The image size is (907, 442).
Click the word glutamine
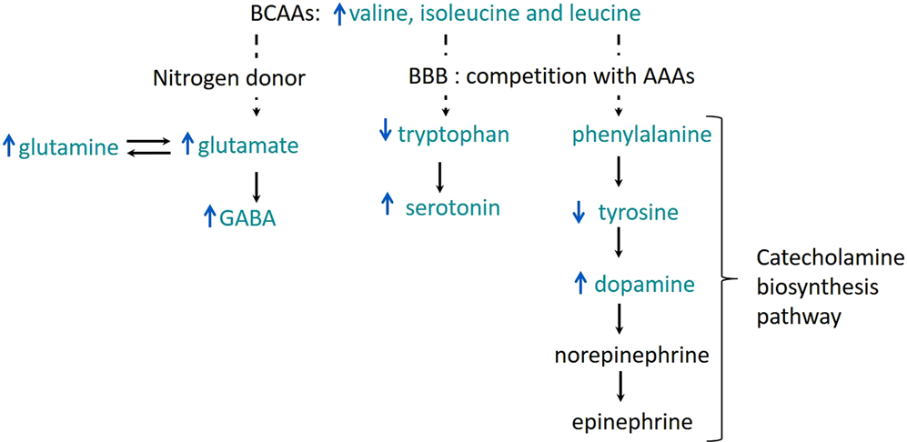click(x=68, y=146)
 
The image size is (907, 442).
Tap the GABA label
click(x=247, y=217)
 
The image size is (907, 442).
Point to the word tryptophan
click(x=453, y=135)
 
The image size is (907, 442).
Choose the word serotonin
click(x=452, y=207)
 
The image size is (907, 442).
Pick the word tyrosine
click(x=638, y=213)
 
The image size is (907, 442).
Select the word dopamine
click(x=644, y=284)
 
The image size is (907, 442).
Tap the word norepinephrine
click(x=631, y=356)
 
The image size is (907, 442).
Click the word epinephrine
click(x=632, y=421)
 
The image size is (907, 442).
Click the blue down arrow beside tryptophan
click(x=385, y=135)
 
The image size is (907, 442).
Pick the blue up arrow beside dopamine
click(x=579, y=284)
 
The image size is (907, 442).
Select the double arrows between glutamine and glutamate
click(x=148, y=146)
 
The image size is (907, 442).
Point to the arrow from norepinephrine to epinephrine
click(x=620, y=387)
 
